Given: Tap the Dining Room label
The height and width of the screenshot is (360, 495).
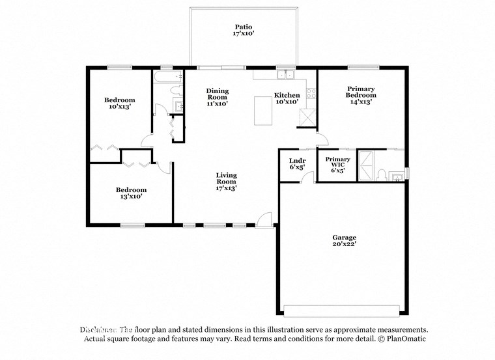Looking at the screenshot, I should pyautogui.click(x=217, y=97).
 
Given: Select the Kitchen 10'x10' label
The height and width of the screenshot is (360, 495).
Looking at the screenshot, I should pyautogui.click(x=287, y=98).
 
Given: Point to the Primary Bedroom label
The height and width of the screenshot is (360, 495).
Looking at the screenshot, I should pyautogui.click(x=361, y=95).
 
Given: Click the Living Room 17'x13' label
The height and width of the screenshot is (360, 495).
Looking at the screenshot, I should pyautogui.click(x=226, y=182).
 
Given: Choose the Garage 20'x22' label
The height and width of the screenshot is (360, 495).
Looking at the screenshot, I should pyautogui.click(x=344, y=242).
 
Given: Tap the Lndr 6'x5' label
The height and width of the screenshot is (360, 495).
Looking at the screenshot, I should pyautogui.click(x=296, y=163).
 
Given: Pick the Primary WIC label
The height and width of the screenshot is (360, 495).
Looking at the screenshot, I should pyautogui.click(x=337, y=163).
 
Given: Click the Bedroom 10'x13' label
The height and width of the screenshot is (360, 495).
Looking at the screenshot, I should pyautogui.click(x=119, y=103).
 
